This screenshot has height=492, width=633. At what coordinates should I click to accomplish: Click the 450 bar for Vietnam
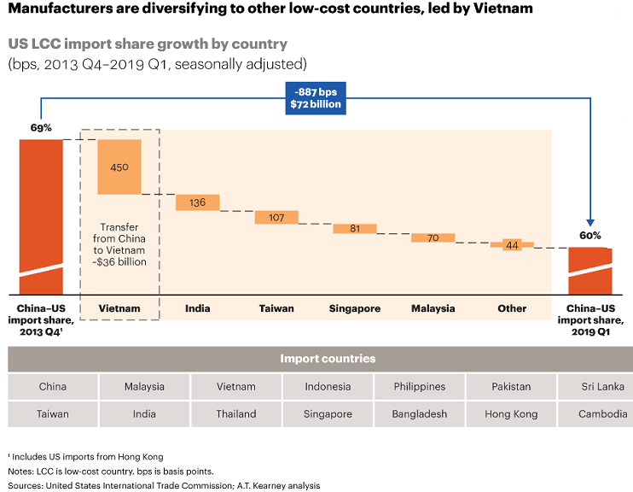coord(119,166)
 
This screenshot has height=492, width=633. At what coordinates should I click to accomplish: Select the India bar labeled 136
coord(198,202)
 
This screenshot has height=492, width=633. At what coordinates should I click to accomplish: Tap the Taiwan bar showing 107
coord(276,217)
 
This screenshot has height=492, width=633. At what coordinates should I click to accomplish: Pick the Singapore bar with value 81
coord(355,228)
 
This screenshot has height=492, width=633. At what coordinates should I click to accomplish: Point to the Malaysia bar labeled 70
coord(433,237)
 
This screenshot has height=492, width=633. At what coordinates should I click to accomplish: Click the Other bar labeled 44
coord(512,245)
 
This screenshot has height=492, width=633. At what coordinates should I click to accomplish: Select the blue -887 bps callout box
coord(316,98)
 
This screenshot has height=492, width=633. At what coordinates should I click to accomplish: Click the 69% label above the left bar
coord(41,127)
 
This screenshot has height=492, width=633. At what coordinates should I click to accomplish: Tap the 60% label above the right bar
coord(590,235)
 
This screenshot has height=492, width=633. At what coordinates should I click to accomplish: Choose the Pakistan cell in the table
coord(511,387)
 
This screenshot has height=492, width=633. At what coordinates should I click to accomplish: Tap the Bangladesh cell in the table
coord(419,414)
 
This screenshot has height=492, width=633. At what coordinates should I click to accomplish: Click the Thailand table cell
coord(236,414)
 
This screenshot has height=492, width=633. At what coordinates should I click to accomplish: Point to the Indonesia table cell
coord(328,387)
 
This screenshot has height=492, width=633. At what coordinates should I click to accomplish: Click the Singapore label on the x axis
coord(355,308)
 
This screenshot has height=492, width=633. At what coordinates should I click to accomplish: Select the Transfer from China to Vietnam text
coord(119,244)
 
